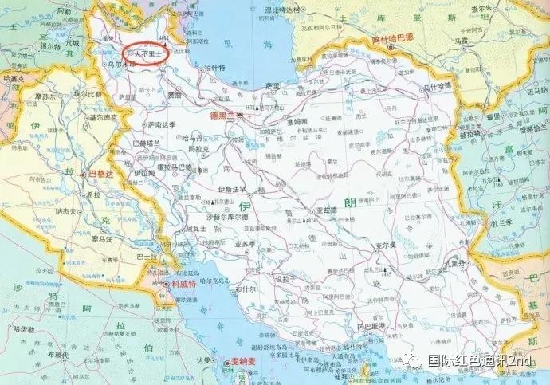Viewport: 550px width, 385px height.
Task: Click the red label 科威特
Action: (183, 285)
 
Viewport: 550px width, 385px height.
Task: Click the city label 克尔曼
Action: (387, 245)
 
